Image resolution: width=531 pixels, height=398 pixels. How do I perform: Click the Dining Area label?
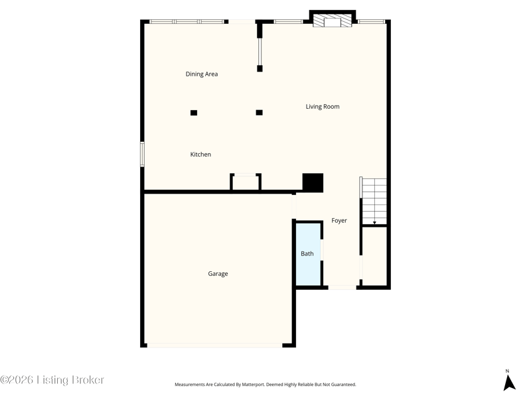coord(202,74)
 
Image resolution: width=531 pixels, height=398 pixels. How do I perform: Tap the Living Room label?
coord(323,107)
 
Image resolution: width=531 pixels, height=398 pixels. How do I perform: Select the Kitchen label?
coord(200,155)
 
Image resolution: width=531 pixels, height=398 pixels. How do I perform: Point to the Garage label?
coord(218,274)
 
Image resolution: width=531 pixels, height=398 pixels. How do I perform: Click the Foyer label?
coord(339,221)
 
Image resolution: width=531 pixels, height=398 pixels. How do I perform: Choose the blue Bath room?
coord(308,254)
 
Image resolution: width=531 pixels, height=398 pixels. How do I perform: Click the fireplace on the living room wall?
coord(333,21)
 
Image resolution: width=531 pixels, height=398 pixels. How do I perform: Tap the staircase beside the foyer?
coord(374,201)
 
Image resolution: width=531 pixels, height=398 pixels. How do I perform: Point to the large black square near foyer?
coord(313,183)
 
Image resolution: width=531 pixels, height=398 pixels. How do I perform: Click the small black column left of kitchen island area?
coord(194,113)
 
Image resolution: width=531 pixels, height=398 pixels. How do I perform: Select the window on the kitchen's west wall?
coord(143,154)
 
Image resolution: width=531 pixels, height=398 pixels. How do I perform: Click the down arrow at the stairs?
coord(374,222)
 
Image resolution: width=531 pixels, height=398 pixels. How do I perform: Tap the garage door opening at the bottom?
coord(214,345)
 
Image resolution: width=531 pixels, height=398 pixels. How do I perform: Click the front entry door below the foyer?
coord(342,287)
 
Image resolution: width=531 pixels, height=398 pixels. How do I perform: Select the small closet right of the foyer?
coord(374,256)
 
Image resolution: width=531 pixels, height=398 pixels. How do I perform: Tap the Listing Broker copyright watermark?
coord(52,379)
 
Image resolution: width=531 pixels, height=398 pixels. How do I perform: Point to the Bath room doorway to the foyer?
coord(322,250)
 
